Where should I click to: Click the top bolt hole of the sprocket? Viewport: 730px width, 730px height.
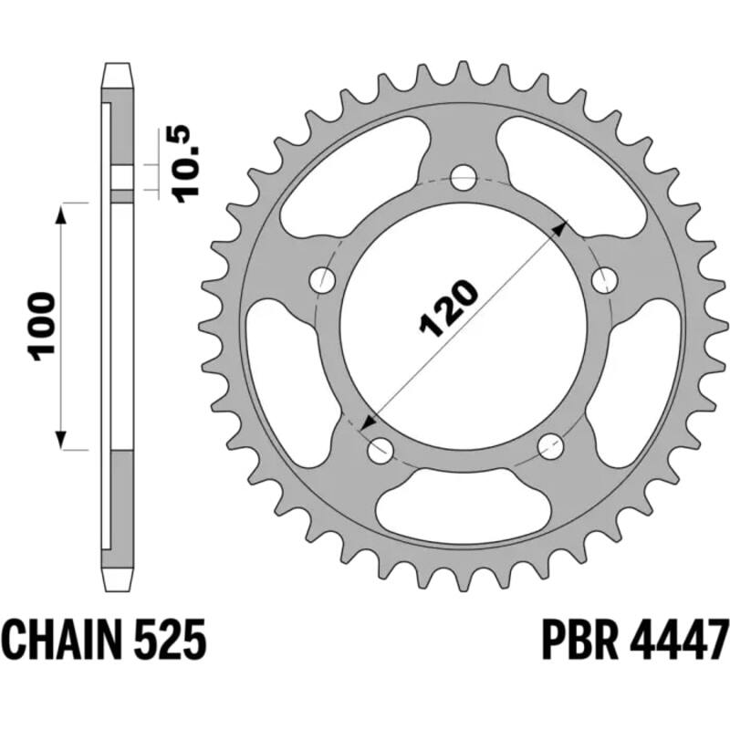tap(464, 175)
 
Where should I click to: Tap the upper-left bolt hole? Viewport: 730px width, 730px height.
tap(324, 280)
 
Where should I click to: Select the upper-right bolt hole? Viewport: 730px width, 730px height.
tap(603, 280)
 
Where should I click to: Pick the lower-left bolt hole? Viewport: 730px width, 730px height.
tap(379, 448)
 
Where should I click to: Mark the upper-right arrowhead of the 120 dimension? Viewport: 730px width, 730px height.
tap(560, 226)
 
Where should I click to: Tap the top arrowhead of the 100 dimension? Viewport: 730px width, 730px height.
tap(63, 214)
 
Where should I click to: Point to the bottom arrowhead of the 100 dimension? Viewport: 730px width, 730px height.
tap(63, 440)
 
